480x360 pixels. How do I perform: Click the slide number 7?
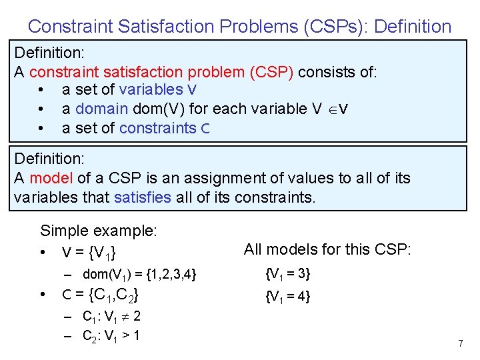point(460,343)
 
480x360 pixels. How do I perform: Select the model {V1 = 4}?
point(288,297)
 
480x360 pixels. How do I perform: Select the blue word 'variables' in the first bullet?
point(151,89)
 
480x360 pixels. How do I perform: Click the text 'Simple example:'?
point(99,231)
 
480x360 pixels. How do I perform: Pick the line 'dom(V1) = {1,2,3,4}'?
point(139,274)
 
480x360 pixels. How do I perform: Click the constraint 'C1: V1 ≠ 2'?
point(111,317)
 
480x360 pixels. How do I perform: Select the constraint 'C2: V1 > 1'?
point(111,335)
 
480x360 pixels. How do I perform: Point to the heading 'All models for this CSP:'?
point(328,250)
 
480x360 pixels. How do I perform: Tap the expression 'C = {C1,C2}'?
point(100,295)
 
